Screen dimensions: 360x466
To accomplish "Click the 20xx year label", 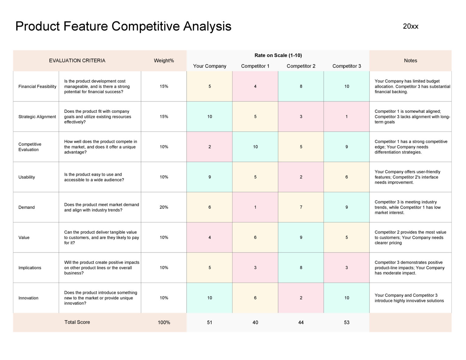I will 410,26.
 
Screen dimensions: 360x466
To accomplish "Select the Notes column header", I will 410,61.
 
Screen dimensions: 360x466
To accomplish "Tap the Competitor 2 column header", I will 301,66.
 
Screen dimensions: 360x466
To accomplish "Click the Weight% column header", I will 164,61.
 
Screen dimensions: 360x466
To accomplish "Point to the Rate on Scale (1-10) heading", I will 278,55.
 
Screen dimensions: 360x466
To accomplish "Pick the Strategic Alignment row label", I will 37,117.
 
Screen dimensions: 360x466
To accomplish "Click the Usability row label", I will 27,177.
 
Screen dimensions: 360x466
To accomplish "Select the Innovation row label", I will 28,298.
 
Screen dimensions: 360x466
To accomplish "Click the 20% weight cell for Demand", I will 164,207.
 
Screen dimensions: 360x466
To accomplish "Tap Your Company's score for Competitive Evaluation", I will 210,147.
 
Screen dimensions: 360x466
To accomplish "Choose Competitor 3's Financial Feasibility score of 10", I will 346,86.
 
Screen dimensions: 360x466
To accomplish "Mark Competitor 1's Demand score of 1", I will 255,207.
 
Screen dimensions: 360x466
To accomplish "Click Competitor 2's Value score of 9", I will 301,237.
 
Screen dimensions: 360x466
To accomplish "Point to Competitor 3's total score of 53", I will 346,322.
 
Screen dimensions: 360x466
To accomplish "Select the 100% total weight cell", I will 164,322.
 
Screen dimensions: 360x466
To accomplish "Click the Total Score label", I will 77,322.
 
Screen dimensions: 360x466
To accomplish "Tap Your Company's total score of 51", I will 210,322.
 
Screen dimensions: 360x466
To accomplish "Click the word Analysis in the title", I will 207,26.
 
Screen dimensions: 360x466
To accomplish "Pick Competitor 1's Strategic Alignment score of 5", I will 255,117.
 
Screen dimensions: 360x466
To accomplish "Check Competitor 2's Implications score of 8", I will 301,268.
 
